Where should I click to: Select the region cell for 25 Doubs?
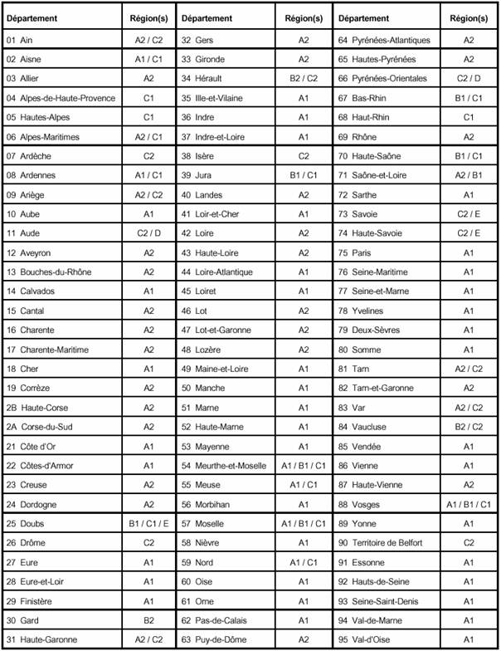pos(148,524)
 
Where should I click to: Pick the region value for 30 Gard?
pos(148,620)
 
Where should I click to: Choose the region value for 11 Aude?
pos(148,234)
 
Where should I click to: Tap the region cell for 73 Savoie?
pos(469,214)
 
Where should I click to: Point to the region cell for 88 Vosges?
pos(469,504)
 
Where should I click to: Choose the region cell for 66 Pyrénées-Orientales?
pos(469,79)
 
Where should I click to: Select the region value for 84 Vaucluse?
pos(469,427)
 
